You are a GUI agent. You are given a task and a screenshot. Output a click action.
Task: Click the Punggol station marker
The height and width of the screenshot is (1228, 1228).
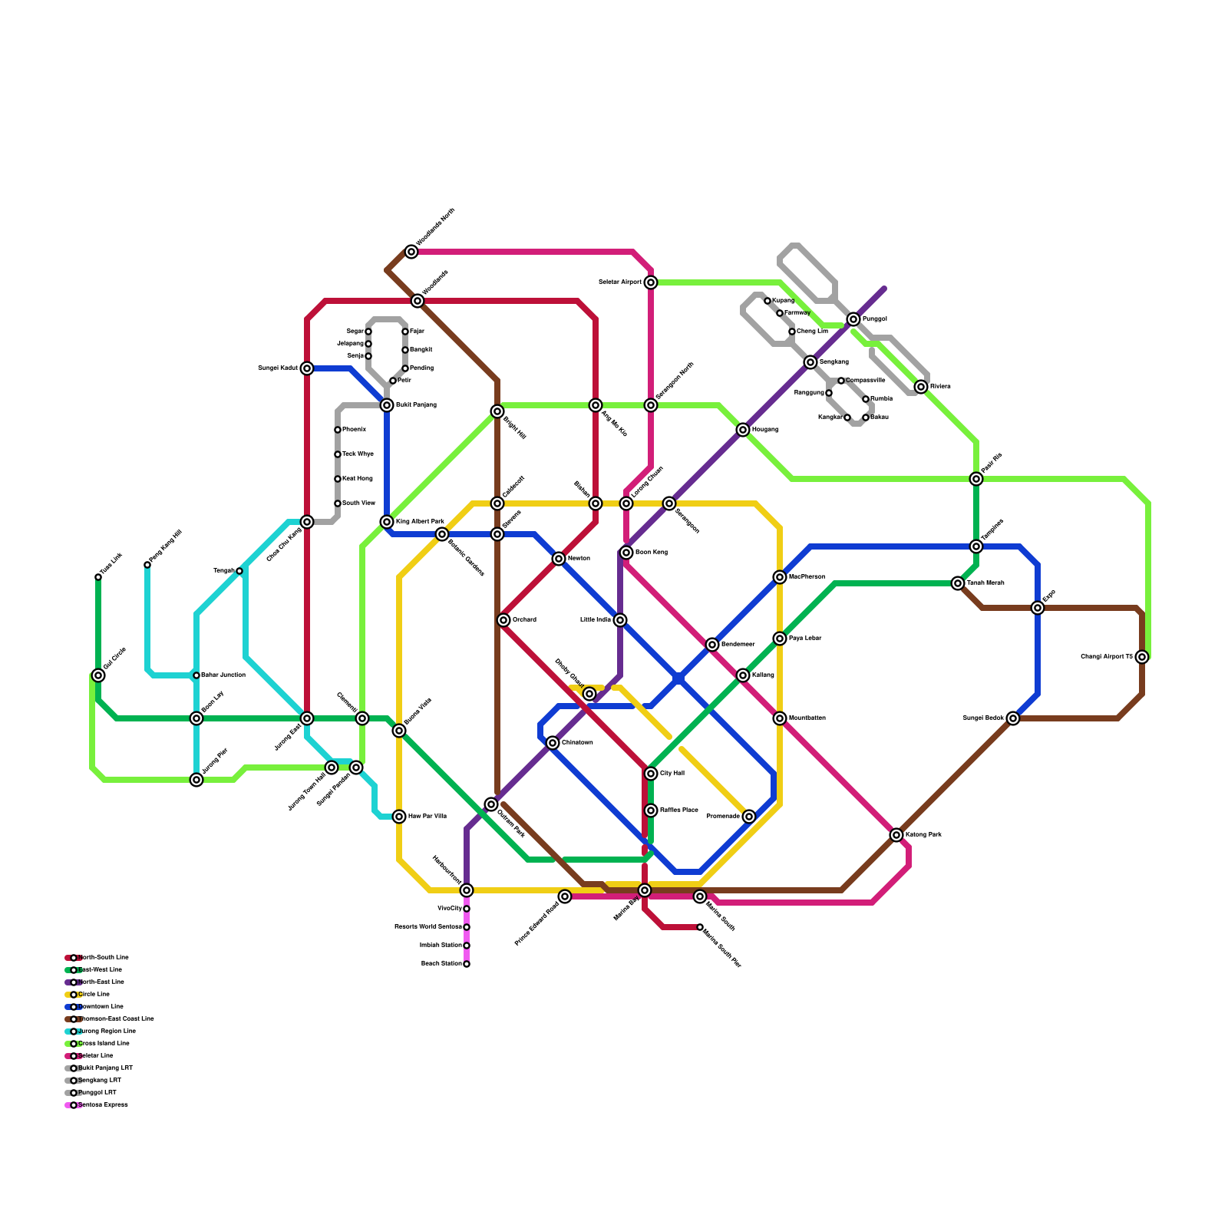click(x=853, y=319)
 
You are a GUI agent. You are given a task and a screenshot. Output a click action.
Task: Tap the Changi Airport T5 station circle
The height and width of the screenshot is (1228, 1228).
click(x=1142, y=657)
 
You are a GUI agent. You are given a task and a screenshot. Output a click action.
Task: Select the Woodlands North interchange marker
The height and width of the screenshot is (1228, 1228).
click(x=411, y=252)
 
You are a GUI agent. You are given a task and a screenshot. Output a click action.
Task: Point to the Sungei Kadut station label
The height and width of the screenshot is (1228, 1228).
click(x=278, y=368)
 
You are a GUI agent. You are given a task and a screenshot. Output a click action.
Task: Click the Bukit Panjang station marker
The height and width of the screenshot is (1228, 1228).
click(x=387, y=405)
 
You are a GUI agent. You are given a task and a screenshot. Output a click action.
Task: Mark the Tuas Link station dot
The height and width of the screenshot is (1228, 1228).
click(x=98, y=577)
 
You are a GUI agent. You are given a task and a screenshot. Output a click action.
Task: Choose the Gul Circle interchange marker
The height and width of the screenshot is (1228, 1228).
click(x=98, y=675)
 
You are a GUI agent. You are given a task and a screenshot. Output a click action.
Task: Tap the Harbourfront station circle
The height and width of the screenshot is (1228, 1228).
click(x=467, y=890)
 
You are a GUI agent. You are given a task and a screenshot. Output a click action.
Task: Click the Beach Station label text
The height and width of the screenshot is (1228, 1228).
click(x=441, y=964)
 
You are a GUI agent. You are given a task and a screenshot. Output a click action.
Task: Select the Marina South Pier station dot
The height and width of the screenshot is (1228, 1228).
click(x=700, y=927)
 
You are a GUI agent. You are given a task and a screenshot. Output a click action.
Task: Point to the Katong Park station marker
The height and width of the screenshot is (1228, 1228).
click(x=896, y=835)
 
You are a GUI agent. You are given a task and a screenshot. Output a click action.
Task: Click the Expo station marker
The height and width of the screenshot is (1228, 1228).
click(x=1038, y=608)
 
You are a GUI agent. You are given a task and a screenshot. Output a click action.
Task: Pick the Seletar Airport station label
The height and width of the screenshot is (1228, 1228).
click(x=620, y=282)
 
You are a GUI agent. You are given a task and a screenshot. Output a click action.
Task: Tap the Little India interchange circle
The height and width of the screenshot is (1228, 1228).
click(x=620, y=620)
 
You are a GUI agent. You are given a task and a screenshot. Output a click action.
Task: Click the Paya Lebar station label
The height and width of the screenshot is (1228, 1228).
click(x=805, y=639)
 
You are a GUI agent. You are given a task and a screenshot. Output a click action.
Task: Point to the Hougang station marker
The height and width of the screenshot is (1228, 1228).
click(x=743, y=430)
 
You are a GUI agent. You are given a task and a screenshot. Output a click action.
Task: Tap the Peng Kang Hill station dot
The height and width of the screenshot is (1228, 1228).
click(x=147, y=565)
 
